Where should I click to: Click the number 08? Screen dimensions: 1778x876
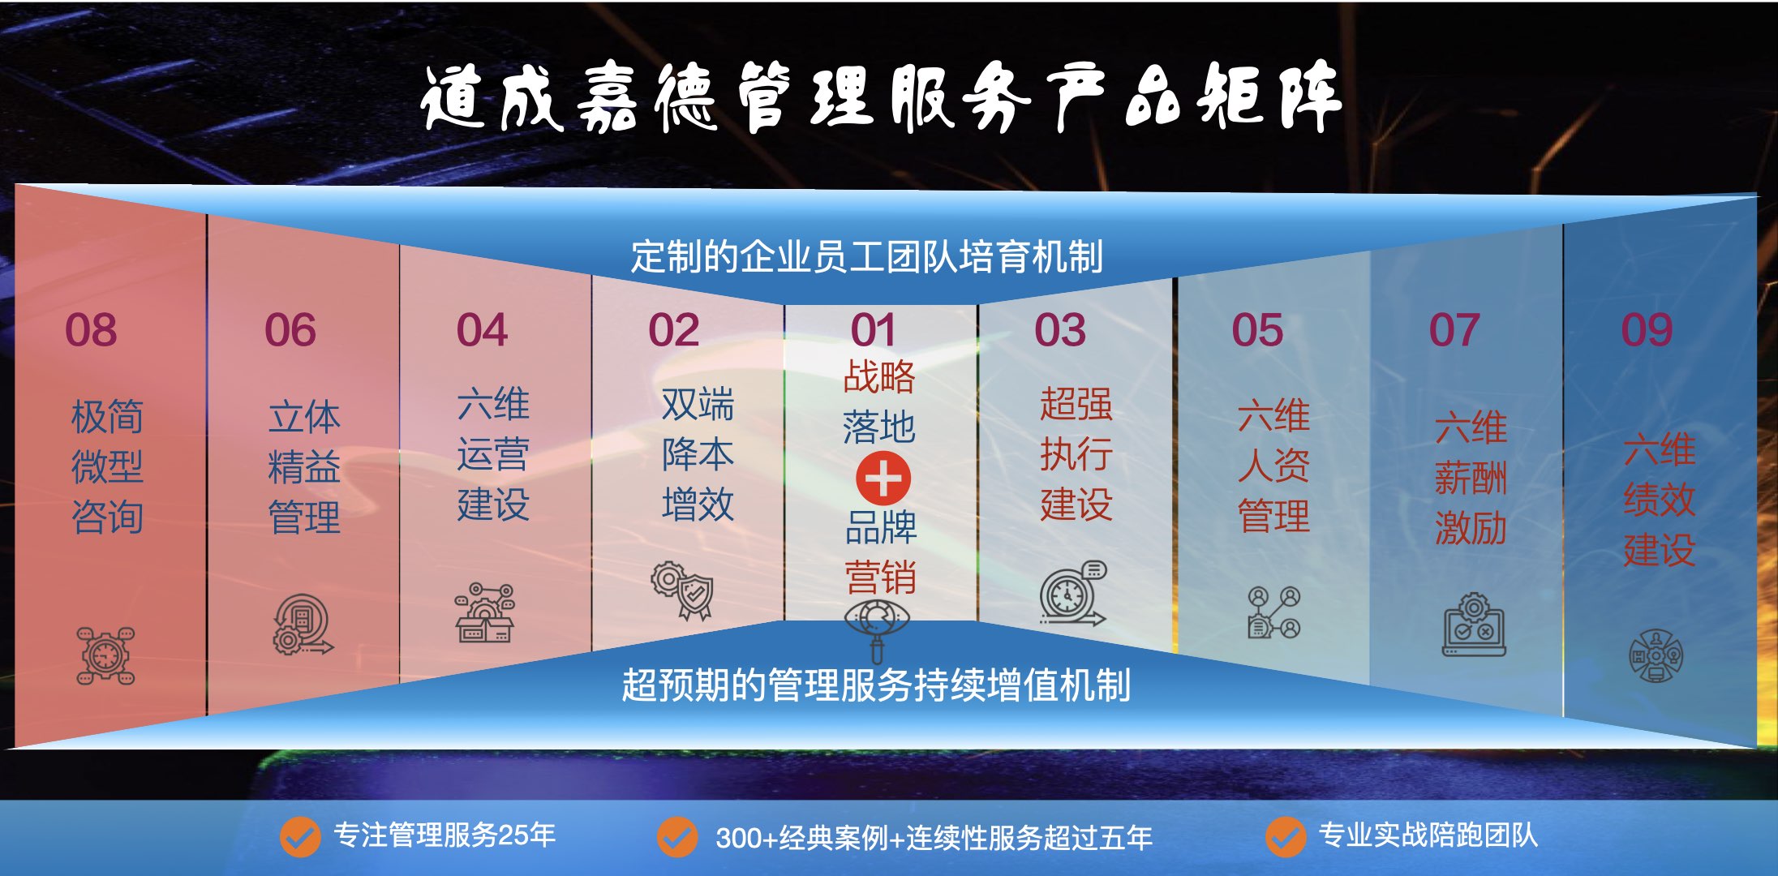(91, 330)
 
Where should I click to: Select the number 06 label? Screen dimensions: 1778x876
(290, 330)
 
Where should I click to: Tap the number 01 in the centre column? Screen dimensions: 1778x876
(874, 330)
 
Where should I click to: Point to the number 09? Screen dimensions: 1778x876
(1647, 330)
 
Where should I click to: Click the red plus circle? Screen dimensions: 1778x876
(883, 478)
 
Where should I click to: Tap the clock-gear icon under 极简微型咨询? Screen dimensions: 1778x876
(105, 655)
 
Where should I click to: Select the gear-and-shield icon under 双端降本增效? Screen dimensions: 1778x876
(683, 590)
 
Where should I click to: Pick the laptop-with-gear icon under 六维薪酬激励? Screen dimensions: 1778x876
(1474, 624)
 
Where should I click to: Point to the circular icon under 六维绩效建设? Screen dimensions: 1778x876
(1656, 655)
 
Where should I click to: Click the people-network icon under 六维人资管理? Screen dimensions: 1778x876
(1274, 612)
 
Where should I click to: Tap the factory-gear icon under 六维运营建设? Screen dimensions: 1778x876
(485, 613)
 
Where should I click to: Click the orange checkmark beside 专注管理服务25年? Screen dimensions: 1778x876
(300, 836)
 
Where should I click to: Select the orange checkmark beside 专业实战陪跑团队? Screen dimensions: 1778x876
(1286, 836)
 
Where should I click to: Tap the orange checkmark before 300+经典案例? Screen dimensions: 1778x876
(677, 836)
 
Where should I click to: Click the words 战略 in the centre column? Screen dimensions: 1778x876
(879, 377)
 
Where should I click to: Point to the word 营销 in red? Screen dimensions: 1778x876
(881, 578)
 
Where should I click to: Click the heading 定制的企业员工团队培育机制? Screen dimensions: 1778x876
(867, 256)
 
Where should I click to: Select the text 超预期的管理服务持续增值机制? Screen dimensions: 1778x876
(876, 685)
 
